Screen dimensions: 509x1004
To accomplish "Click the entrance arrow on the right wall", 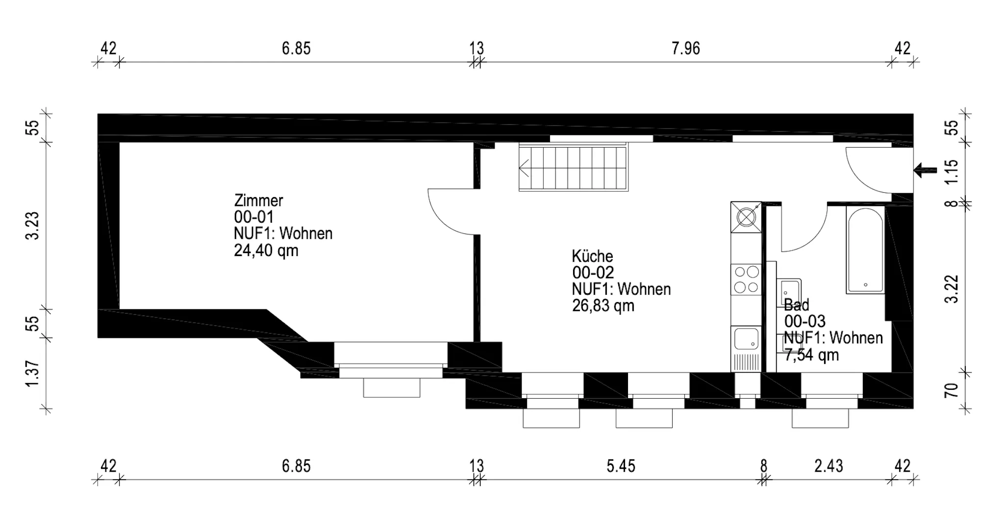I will click(x=925, y=171).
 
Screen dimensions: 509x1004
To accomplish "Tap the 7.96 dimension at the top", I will click(x=686, y=49).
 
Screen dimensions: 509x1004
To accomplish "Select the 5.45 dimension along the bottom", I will click(x=621, y=466).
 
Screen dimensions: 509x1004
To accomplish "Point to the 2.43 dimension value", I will click(x=828, y=466).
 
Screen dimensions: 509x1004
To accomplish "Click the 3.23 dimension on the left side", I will click(x=32, y=226).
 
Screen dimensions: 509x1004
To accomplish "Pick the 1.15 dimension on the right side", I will click(x=952, y=172).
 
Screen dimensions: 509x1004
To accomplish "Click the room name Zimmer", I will click(x=258, y=201).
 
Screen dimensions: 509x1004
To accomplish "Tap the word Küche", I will click(x=592, y=256).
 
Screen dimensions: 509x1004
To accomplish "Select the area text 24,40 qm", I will click(x=266, y=251).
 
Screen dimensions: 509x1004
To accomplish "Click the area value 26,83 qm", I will click(x=603, y=306).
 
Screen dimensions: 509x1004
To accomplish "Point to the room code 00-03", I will click(x=804, y=322).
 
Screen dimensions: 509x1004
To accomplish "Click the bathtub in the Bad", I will click(x=865, y=250).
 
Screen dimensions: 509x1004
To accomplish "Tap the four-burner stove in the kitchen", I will click(x=746, y=280).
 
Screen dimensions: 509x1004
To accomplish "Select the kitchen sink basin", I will click(x=746, y=339).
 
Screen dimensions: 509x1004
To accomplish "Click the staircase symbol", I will click(x=573, y=168).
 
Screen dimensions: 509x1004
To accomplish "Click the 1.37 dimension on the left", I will click(x=32, y=374).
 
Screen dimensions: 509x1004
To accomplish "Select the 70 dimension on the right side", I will click(x=952, y=391).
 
